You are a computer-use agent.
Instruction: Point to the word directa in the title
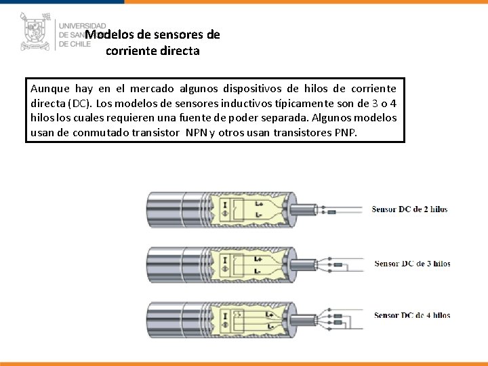pyautogui.click(x=179, y=51)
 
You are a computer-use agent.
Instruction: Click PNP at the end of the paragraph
pyautogui.click(x=345, y=133)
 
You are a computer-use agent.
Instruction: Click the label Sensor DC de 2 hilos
pyautogui.click(x=409, y=209)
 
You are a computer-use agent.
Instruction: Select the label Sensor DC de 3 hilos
pyautogui.click(x=411, y=263)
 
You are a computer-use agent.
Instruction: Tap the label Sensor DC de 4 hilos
pyautogui.click(x=411, y=315)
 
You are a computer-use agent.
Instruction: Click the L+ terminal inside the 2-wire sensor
pyautogui.click(x=258, y=203)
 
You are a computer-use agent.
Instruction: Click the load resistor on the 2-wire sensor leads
pyautogui.click(x=333, y=213)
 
